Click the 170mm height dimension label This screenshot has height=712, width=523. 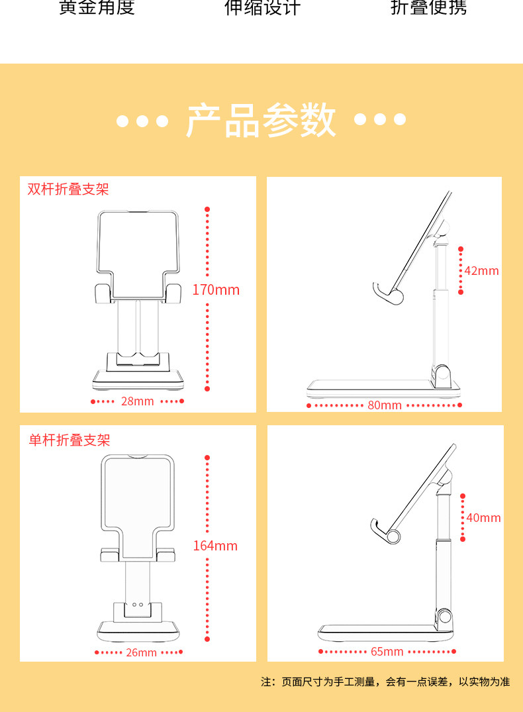[216, 290]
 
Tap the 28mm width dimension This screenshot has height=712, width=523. [137, 401]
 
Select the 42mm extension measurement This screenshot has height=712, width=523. [481, 271]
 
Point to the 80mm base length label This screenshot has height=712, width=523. [385, 405]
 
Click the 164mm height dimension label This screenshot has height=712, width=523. [215, 546]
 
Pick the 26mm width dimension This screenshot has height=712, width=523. [142, 652]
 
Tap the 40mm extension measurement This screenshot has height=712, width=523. [483, 518]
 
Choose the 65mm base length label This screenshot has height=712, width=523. [387, 652]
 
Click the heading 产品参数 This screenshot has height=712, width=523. [261, 121]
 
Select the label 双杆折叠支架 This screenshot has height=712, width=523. [68, 189]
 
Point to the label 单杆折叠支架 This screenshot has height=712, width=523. [70, 440]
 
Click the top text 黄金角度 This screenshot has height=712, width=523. [97, 8]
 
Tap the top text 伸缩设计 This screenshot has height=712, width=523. [262, 8]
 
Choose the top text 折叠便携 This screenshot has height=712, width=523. [428, 8]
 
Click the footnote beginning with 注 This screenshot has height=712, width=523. [385, 682]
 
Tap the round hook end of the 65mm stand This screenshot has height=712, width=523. [395, 536]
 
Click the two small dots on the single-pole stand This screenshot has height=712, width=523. [137, 605]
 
